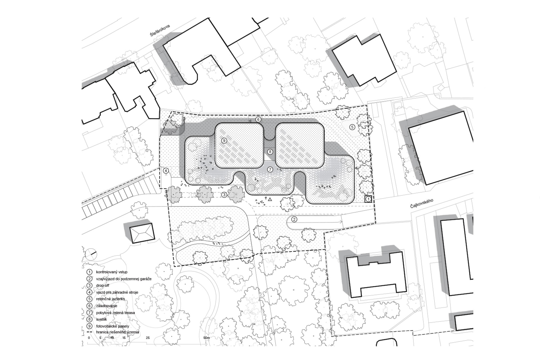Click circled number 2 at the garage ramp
tap(294, 219)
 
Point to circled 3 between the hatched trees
tap(224, 195)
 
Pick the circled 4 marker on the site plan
tap(166, 170)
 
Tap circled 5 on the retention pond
tap(352, 127)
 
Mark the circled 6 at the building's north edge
tap(258, 120)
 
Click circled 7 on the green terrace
tap(270, 170)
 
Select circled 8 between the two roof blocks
tap(270, 152)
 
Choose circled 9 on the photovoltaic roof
tap(224, 140)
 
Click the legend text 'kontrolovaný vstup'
tap(112, 272)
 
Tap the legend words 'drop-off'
tap(103, 285)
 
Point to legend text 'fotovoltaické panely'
tap(112, 326)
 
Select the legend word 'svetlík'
tap(102, 319)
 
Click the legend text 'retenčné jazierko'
tap(110, 299)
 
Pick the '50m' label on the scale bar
tap(207, 337)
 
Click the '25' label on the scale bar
tap(148, 337)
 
